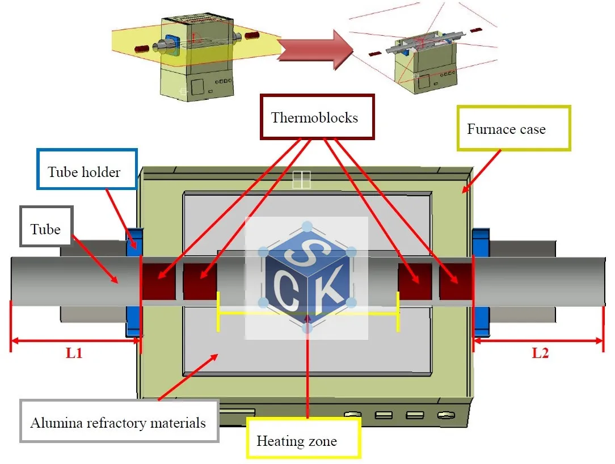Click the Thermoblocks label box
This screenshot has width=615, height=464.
coord(314,117)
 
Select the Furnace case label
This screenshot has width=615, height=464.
coord(506,129)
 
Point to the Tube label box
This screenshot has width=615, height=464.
coord(45,229)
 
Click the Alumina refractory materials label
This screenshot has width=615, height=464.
coord(118,423)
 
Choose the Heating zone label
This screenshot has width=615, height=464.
coord(297,440)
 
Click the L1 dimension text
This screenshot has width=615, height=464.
coord(74,353)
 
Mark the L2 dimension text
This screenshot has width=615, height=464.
coord(540,353)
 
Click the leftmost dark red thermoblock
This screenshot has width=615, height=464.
coord(158,281)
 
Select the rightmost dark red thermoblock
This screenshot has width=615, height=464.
coord(456,281)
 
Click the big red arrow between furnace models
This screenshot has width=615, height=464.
coord(315,49)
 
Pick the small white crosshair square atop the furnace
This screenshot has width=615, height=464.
coord(302,180)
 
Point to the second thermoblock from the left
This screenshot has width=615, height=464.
coord(200,281)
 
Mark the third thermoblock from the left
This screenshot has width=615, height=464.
coord(415,281)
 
